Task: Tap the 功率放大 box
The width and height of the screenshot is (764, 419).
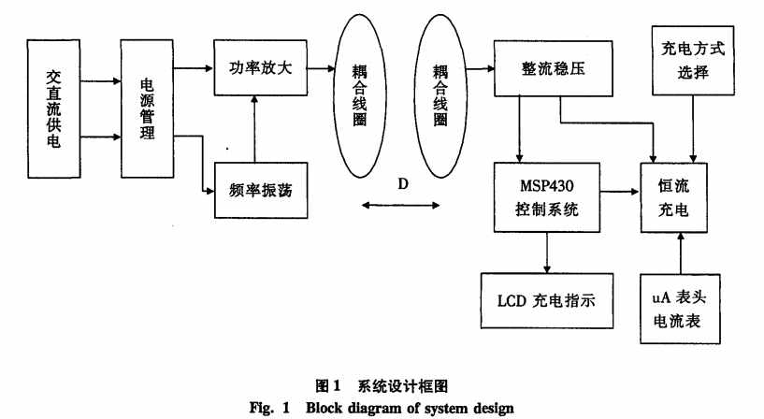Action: point(261,68)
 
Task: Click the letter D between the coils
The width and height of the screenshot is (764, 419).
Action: point(403,183)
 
